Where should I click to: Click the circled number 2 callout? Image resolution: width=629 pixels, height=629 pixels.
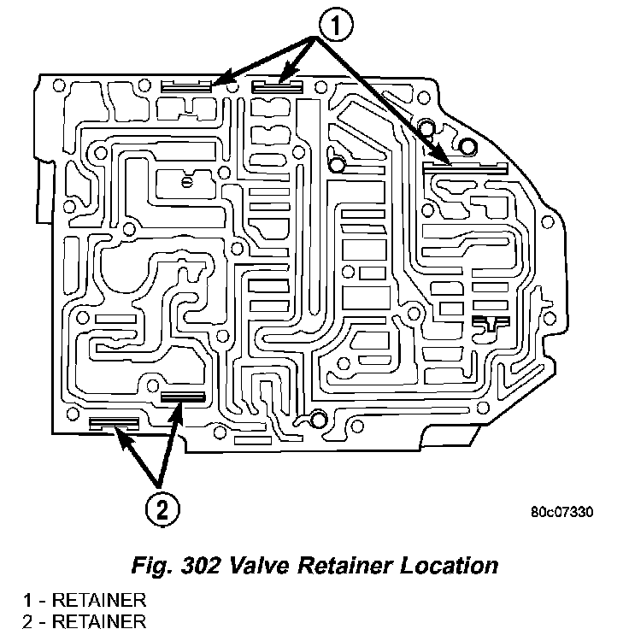(162, 509)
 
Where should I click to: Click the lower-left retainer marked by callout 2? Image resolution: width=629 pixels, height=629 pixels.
(115, 422)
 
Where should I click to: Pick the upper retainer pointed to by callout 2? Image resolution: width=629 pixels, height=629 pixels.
(182, 397)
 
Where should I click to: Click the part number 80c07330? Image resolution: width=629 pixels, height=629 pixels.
(561, 514)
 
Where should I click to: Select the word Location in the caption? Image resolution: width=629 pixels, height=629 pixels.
(455, 566)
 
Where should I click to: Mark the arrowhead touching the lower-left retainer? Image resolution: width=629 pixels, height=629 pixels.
(121, 437)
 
